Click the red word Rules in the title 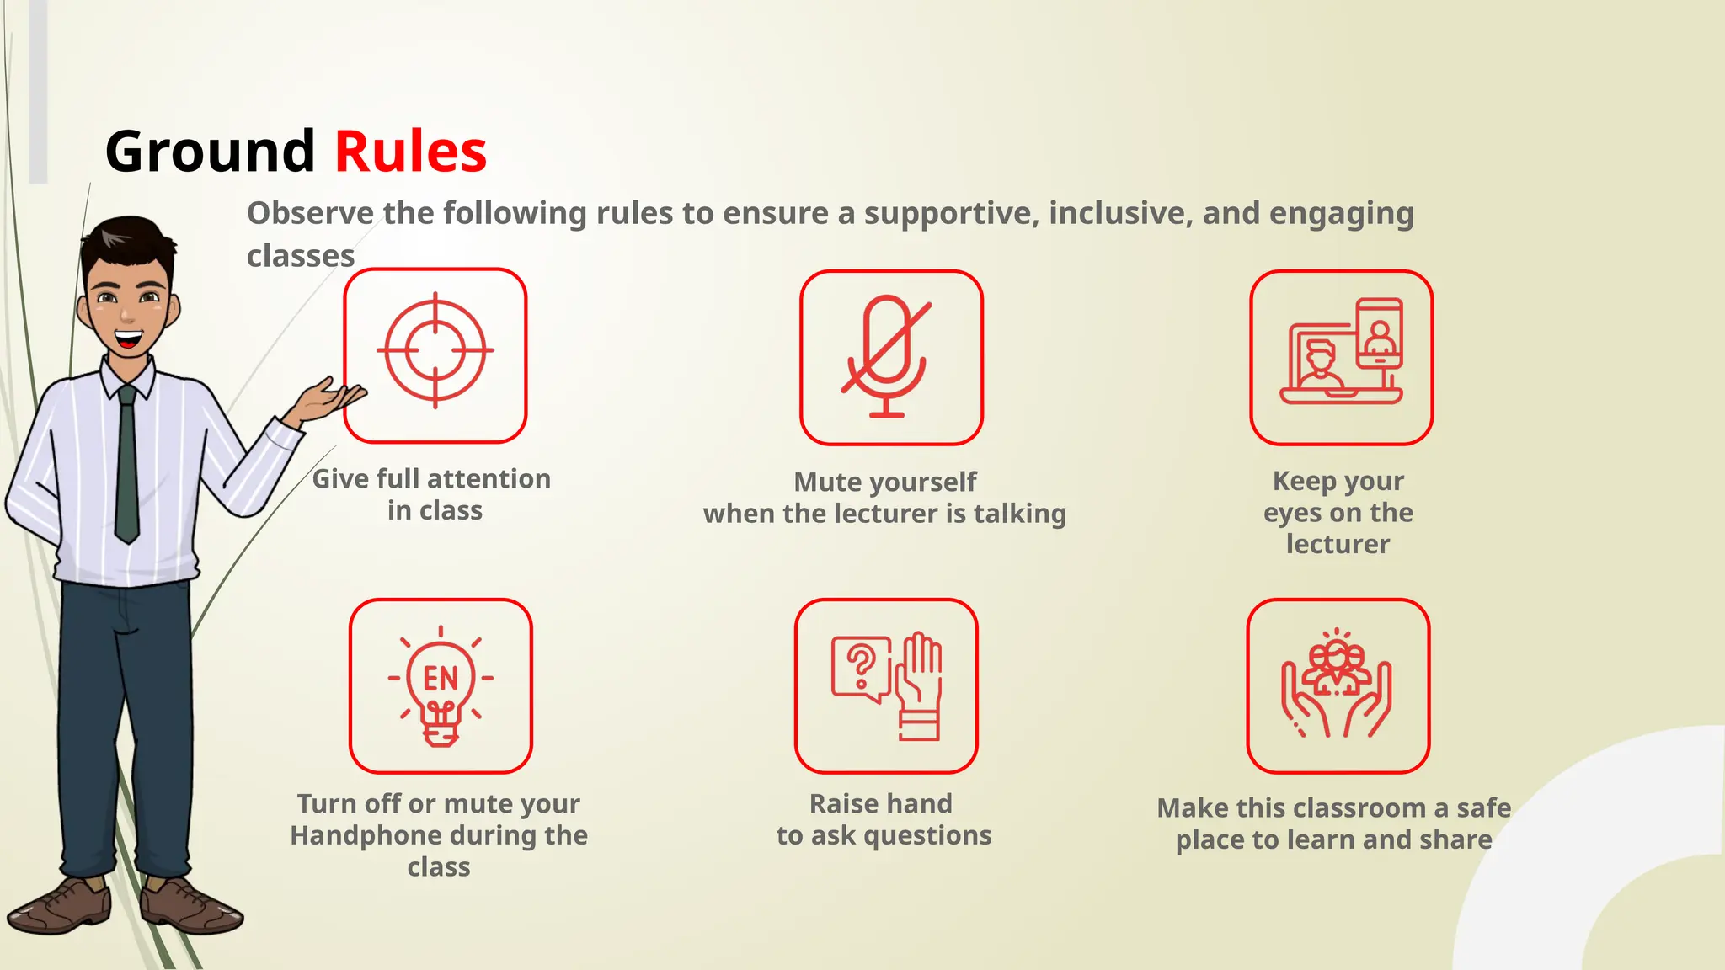click(410, 152)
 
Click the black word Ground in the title click(210, 152)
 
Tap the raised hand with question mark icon click(886, 685)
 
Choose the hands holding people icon click(1338, 685)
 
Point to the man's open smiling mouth click(129, 339)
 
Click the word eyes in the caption click(1292, 513)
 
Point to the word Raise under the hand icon click(843, 803)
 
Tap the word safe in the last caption click(1483, 807)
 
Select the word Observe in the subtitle click(309, 213)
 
